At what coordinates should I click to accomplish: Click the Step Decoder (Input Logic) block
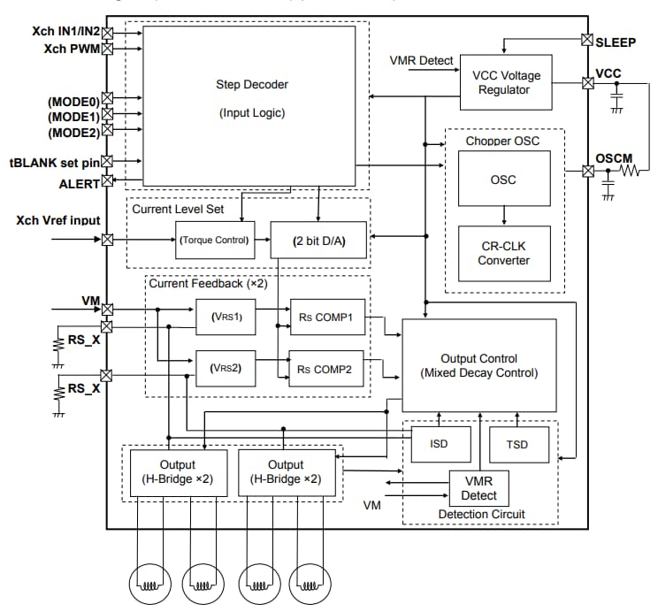(251, 104)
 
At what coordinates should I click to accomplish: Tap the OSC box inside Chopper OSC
(503, 180)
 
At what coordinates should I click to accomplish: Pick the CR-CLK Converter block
(503, 253)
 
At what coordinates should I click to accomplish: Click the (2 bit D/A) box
(318, 240)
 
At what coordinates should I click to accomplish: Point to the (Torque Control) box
(215, 240)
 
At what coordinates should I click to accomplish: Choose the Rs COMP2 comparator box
(327, 369)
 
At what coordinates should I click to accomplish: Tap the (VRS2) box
(226, 369)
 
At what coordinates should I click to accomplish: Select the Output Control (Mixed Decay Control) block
(479, 365)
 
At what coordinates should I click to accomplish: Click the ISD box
(438, 444)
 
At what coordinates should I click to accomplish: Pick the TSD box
(519, 444)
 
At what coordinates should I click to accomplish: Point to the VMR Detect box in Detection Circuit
(478, 487)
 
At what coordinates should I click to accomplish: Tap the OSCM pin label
(614, 157)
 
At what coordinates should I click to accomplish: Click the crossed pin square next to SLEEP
(587, 40)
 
